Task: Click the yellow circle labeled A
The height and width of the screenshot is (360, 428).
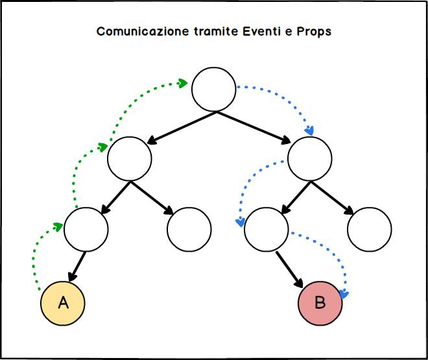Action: [x=63, y=303]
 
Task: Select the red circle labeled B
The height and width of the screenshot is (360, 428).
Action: [x=320, y=303]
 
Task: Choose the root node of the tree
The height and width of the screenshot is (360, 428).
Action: [x=214, y=90]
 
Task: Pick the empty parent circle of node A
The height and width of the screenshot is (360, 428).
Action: [x=86, y=228]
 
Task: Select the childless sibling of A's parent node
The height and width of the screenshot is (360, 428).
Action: [x=189, y=228]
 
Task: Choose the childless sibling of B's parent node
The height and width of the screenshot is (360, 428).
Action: [x=369, y=228]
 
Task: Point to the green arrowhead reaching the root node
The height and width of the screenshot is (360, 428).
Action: [x=183, y=83]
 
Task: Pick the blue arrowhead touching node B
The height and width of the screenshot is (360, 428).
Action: [x=344, y=295]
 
